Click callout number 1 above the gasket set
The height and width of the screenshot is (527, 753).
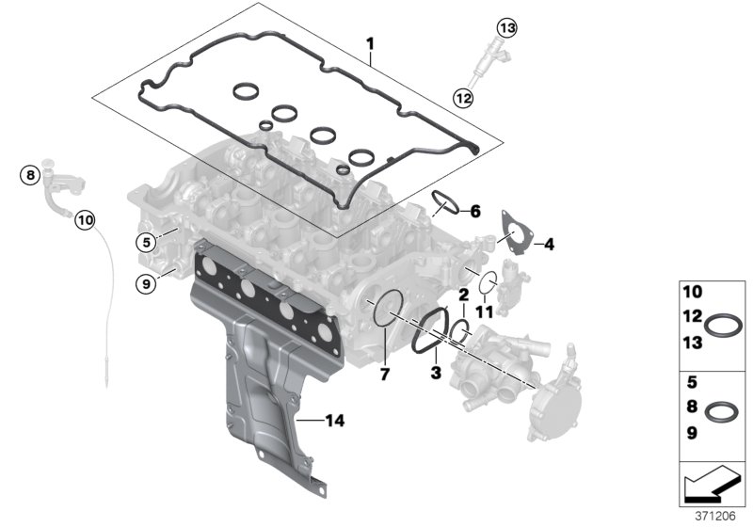pyautogui.click(x=370, y=44)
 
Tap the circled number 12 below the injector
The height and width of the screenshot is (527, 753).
pyautogui.click(x=462, y=95)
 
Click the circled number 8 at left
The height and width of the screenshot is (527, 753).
pyautogui.click(x=30, y=174)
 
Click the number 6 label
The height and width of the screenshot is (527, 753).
pyautogui.click(x=475, y=212)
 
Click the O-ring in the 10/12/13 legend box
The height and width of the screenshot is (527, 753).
pyautogui.click(x=723, y=327)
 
